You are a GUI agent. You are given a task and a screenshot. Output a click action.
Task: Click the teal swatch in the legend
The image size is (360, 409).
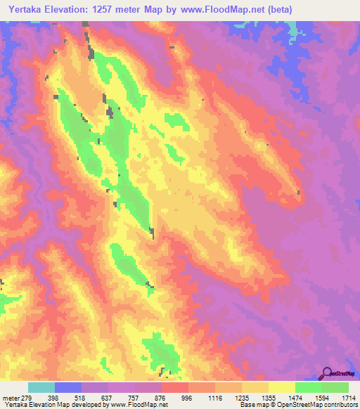point(41,387)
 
